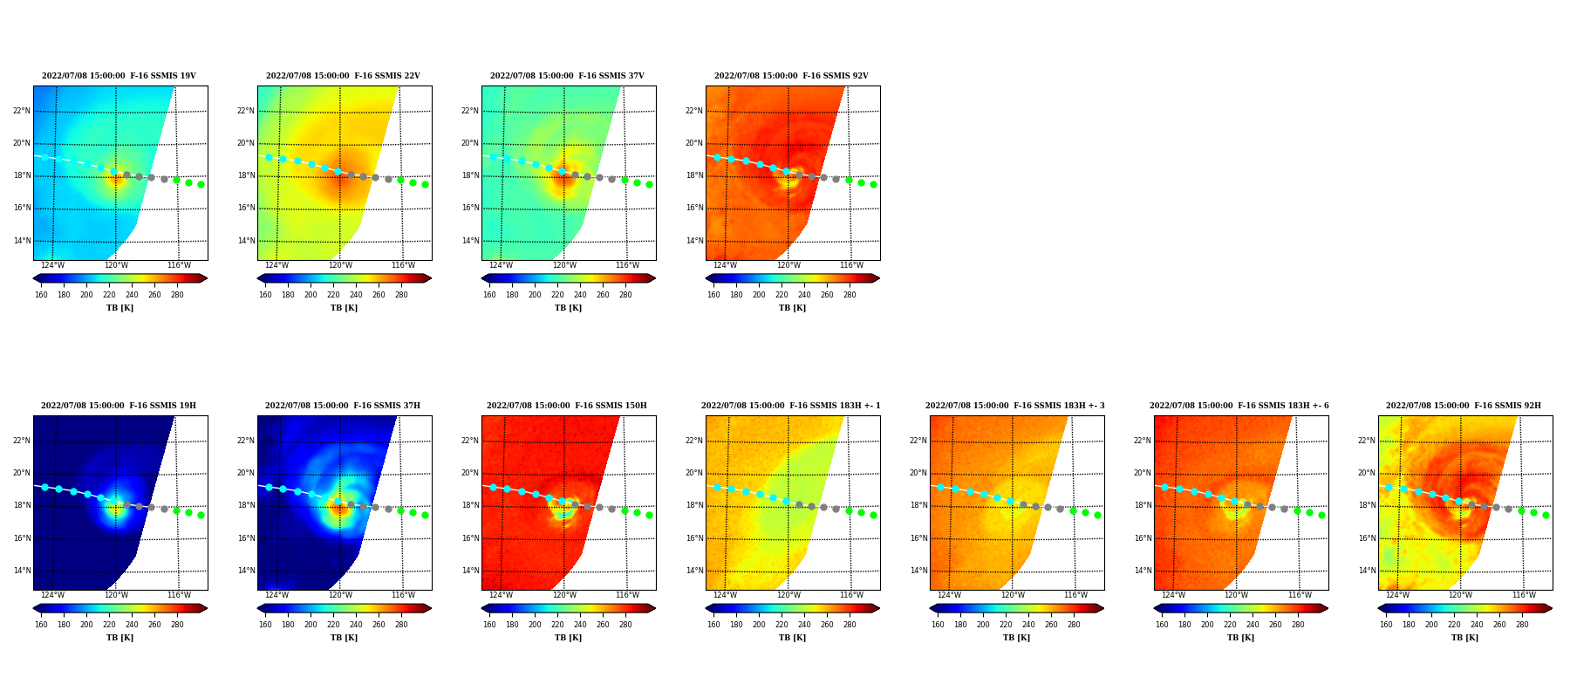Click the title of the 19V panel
click(x=119, y=76)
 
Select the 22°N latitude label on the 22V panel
click(x=245, y=111)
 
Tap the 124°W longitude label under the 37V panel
click(x=501, y=265)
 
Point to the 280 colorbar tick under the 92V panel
click(x=850, y=295)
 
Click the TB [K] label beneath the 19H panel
click(x=119, y=638)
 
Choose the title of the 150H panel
click(x=567, y=406)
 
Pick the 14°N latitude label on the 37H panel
click(x=245, y=571)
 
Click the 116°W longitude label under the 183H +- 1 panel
click(x=851, y=595)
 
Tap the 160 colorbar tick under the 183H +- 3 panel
click(x=938, y=625)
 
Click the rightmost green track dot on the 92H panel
click(x=1546, y=515)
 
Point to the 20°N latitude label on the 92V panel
click(x=693, y=143)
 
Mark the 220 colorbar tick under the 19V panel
click(x=109, y=295)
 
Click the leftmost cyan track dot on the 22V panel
click(x=269, y=158)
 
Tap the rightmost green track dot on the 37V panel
click(x=649, y=184)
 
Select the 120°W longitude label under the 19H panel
click(x=116, y=595)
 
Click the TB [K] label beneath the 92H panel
click(x=1464, y=638)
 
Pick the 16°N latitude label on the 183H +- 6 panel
click(x=1142, y=538)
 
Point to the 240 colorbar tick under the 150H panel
click(x=580, y=625)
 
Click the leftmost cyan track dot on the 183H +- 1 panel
click(x=717, y=487)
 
